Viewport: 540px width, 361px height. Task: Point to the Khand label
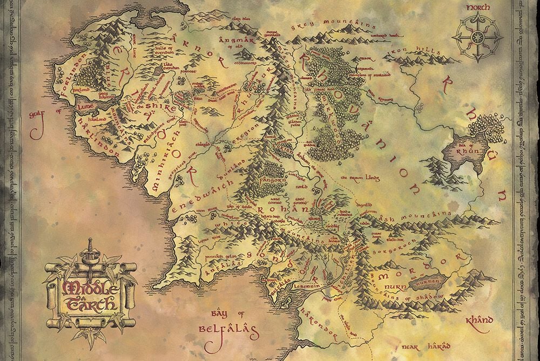[478, 320]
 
